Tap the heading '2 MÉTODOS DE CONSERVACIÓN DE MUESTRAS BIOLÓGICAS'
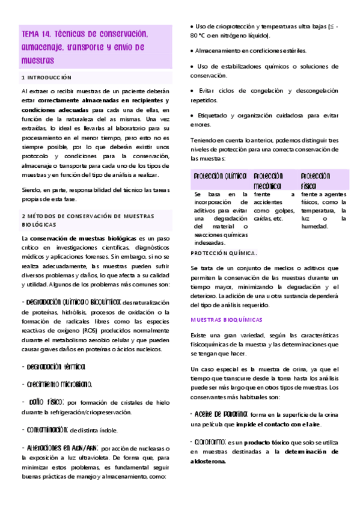(88, 220)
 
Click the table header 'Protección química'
(220, 176)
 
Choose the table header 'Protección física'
(316, 180)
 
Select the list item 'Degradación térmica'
(53, 366)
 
